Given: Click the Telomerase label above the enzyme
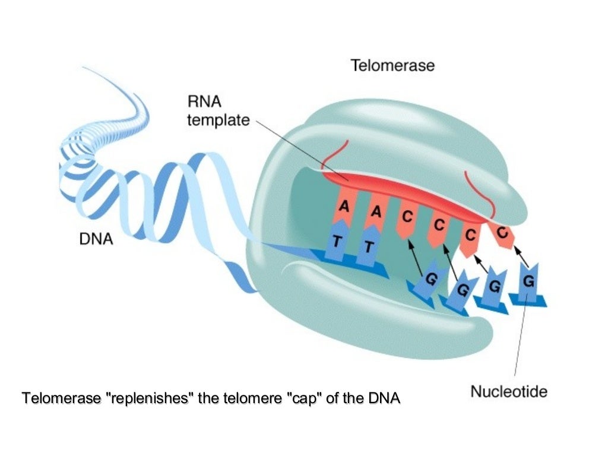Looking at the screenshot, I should [x=392, y=65].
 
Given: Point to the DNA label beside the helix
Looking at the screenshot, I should [x=96, y=240].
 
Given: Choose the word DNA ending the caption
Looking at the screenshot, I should [x=384, y=398].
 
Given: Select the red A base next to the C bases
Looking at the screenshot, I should [x=375, y=211].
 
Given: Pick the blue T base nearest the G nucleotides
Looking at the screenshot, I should [x=368, y=246].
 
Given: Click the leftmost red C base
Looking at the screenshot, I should [x=407, y=218].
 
